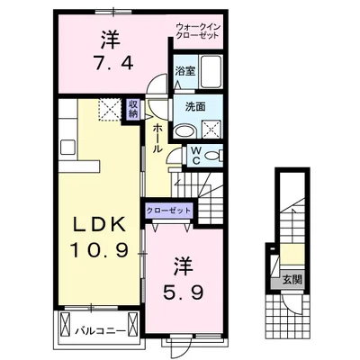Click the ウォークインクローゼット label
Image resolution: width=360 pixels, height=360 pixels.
[x=198, y=31]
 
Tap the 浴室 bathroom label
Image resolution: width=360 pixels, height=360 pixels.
[x=185, y=71]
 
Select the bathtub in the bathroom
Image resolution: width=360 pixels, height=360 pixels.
[x=211, y=71]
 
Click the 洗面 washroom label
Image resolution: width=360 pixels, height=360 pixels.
[x=195, y=107]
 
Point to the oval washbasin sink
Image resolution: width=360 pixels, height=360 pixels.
[x=184, y=131]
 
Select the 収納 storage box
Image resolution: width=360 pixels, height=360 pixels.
[x=132, y=109]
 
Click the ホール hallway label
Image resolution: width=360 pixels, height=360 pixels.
[x=157, y=139]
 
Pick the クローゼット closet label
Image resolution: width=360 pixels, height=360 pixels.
[x=168, y=211]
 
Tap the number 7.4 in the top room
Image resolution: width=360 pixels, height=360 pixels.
[x=113, y=64]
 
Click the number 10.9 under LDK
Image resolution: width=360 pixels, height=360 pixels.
[x=100, y=250]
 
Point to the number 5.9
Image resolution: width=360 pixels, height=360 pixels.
[x=184, y=292]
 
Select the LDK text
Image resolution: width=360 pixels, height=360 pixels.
[x=100, y=224]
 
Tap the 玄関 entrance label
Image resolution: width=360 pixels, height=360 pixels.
[x=292, y=280]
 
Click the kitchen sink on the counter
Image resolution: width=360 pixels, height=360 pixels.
[x=68, y=147]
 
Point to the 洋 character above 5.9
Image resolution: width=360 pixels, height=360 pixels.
[x=184, y=266]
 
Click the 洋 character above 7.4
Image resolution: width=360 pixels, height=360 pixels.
[x=111, y=40]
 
